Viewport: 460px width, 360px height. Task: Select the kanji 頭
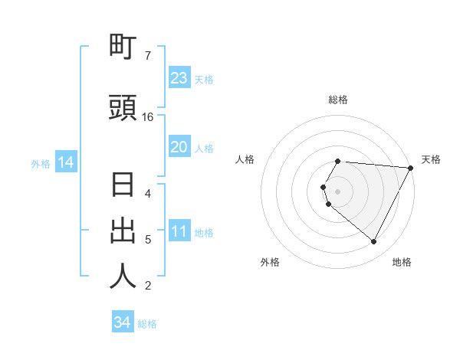pyautogui.click(x=123, y=108)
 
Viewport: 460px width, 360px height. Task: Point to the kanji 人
pyautogui.click(x=123, y=277)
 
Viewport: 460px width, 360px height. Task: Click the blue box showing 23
pyautogui.click(x=179, y=78)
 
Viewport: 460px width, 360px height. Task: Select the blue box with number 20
pyautogui.click(x=179, y=147)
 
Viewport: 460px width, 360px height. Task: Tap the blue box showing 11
pyautogui.click(x=179, y=232)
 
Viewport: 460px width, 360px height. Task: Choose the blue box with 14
pyautogui.click(x=66, y=162)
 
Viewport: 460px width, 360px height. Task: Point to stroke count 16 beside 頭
pyautogui.click(x=148, y=117)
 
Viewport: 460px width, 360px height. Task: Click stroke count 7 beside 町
pyautogui.click(x=148, y=56)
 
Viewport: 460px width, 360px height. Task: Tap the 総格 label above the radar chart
pyautogui.click(x=338, y=100)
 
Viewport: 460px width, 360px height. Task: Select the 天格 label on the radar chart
pyautogui.click(x=431, y=159)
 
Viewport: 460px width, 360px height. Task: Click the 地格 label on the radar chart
pyautogui.click(x=402, y=262)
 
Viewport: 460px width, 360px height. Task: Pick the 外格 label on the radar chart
pyautogui.click(x=270, y=262)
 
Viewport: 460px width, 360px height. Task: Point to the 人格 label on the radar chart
pyautogui.click(x=245, y=159)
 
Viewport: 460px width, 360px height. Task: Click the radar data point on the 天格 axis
pyautogui.click(x=411, y=168)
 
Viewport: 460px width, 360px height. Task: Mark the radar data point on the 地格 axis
pyautogui.click(x=374, y=241)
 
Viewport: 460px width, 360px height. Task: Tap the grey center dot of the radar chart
pyautogui.click(x=338, y=191)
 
